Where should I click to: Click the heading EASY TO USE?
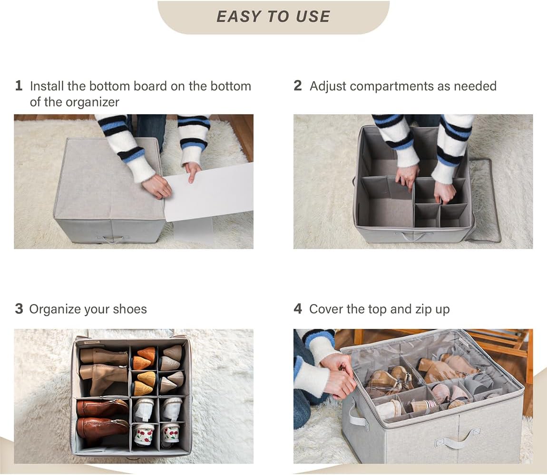[273, 16]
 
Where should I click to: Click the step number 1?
[19, 86]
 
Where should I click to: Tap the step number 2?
[298, 86]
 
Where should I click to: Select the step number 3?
[19, 309]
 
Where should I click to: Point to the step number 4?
[298, 309]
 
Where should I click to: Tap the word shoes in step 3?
[130, 309]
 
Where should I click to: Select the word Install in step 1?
[47, 86]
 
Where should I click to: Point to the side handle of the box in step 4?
[354, 414]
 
